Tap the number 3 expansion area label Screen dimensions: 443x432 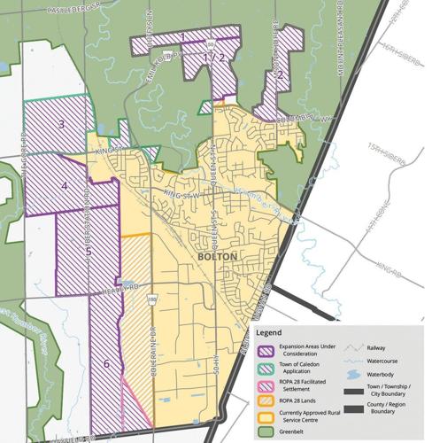tap(62, 124)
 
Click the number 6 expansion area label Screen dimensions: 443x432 tap(108, 363)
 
